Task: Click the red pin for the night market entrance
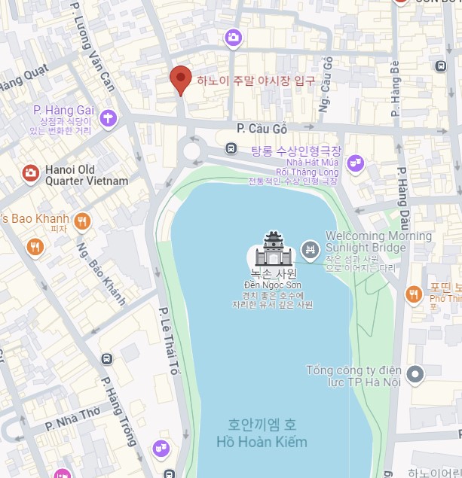179,80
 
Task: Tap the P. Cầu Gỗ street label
262,128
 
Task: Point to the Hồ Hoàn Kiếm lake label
262,442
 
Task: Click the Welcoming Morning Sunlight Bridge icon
309,249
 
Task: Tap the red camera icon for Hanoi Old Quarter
30,174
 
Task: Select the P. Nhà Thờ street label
73,419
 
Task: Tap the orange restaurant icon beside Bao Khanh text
83,221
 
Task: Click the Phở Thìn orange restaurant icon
413,294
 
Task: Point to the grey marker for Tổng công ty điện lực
415,374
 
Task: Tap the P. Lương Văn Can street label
92,46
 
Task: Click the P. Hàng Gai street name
64,111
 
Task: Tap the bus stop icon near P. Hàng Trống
106,358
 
